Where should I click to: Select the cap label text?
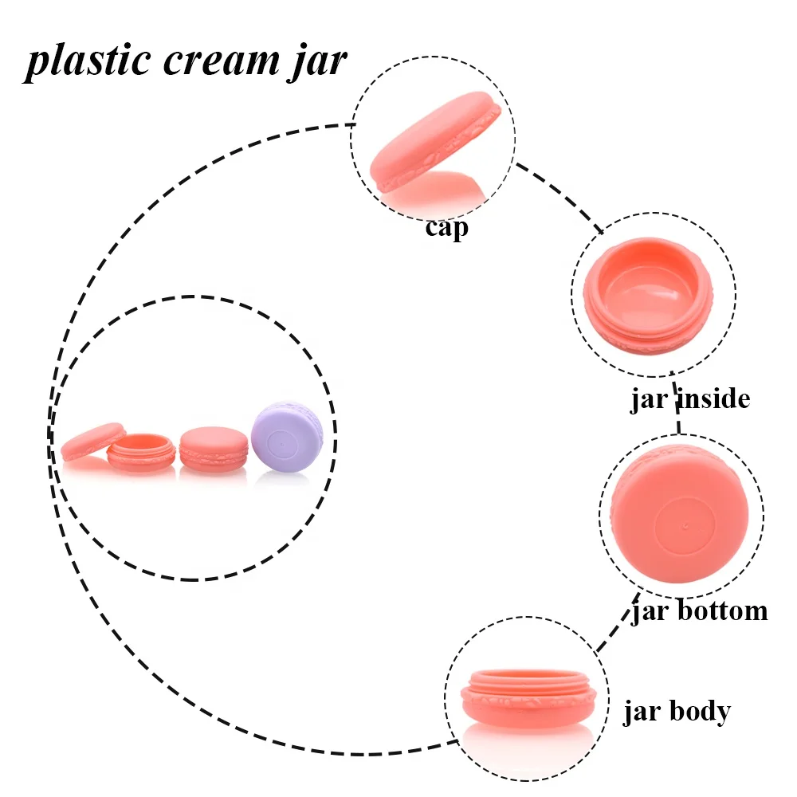pyautogui.click(x=446, y=229)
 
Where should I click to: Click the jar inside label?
pyautogui.click(x=690, y=398)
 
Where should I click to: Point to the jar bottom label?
pyautogui.click(x=700, y=611)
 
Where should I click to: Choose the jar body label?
pyautogui.click(x=676, y=710)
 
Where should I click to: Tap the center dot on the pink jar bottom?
pyautogui.click(x=685, y=525)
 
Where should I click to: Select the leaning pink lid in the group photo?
pyautogui.click(x=92, y=441)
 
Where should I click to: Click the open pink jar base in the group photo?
pyautogui.click(x=141, y=453)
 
